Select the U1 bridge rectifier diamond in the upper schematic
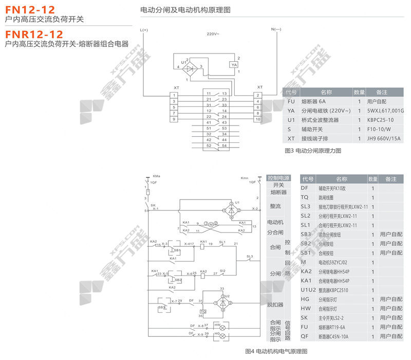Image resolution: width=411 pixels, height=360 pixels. (x=189, y=67)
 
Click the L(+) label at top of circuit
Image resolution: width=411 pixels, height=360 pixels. (x=144, y=30)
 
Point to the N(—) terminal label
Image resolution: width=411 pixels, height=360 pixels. (x=276, y=30)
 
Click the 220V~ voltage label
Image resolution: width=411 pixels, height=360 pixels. (x=213, y=34)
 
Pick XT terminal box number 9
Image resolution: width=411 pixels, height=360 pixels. (x=175, y=119)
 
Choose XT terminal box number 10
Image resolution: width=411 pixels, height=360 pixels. (x=257, y=119)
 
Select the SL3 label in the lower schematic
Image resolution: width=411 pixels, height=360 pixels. (x=250, y=256)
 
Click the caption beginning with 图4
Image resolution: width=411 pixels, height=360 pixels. (x=276, y=351)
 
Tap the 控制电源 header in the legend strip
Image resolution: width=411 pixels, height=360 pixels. (x=278, y=178)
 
